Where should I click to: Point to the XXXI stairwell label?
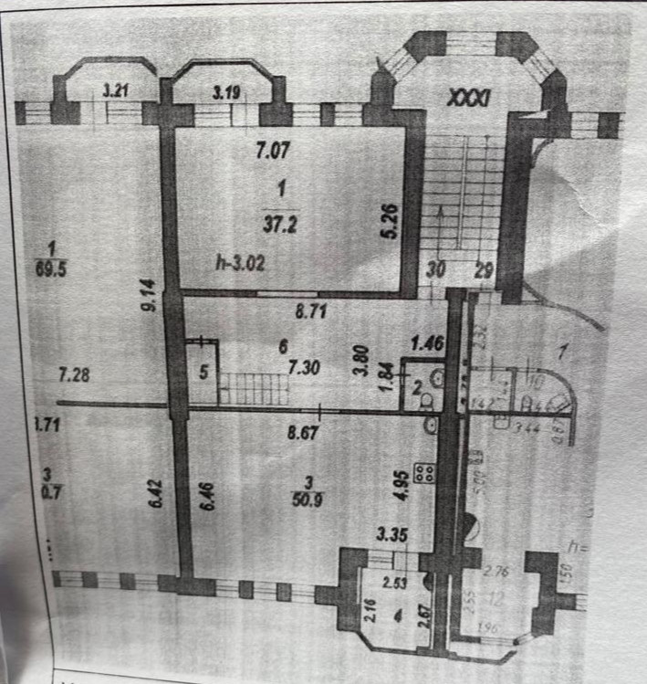point(471,96)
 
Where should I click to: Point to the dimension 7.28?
point(75,374)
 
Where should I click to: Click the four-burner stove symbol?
point(424,473)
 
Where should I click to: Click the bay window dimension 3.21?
point(115,90)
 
